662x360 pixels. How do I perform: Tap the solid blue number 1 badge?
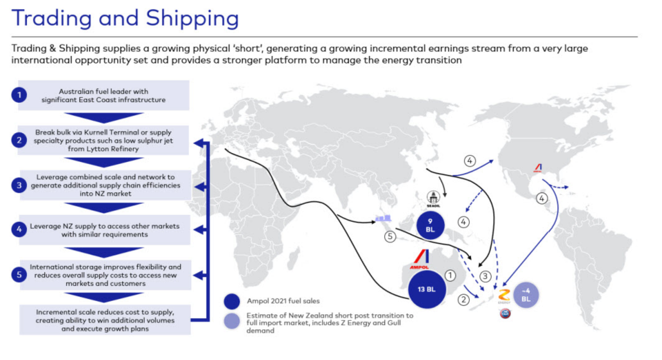19,95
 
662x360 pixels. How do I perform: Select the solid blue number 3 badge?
19,186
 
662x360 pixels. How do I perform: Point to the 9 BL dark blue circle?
430,225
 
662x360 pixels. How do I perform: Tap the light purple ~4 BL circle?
525,296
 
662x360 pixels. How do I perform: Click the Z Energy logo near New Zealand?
503,297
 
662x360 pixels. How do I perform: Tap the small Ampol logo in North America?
537,168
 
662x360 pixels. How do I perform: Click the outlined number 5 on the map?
390,236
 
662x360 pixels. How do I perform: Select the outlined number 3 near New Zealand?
486,276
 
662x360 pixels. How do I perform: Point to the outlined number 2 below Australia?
463,299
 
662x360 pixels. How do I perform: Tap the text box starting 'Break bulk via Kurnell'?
103,140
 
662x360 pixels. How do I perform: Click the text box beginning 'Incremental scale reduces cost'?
103,319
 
